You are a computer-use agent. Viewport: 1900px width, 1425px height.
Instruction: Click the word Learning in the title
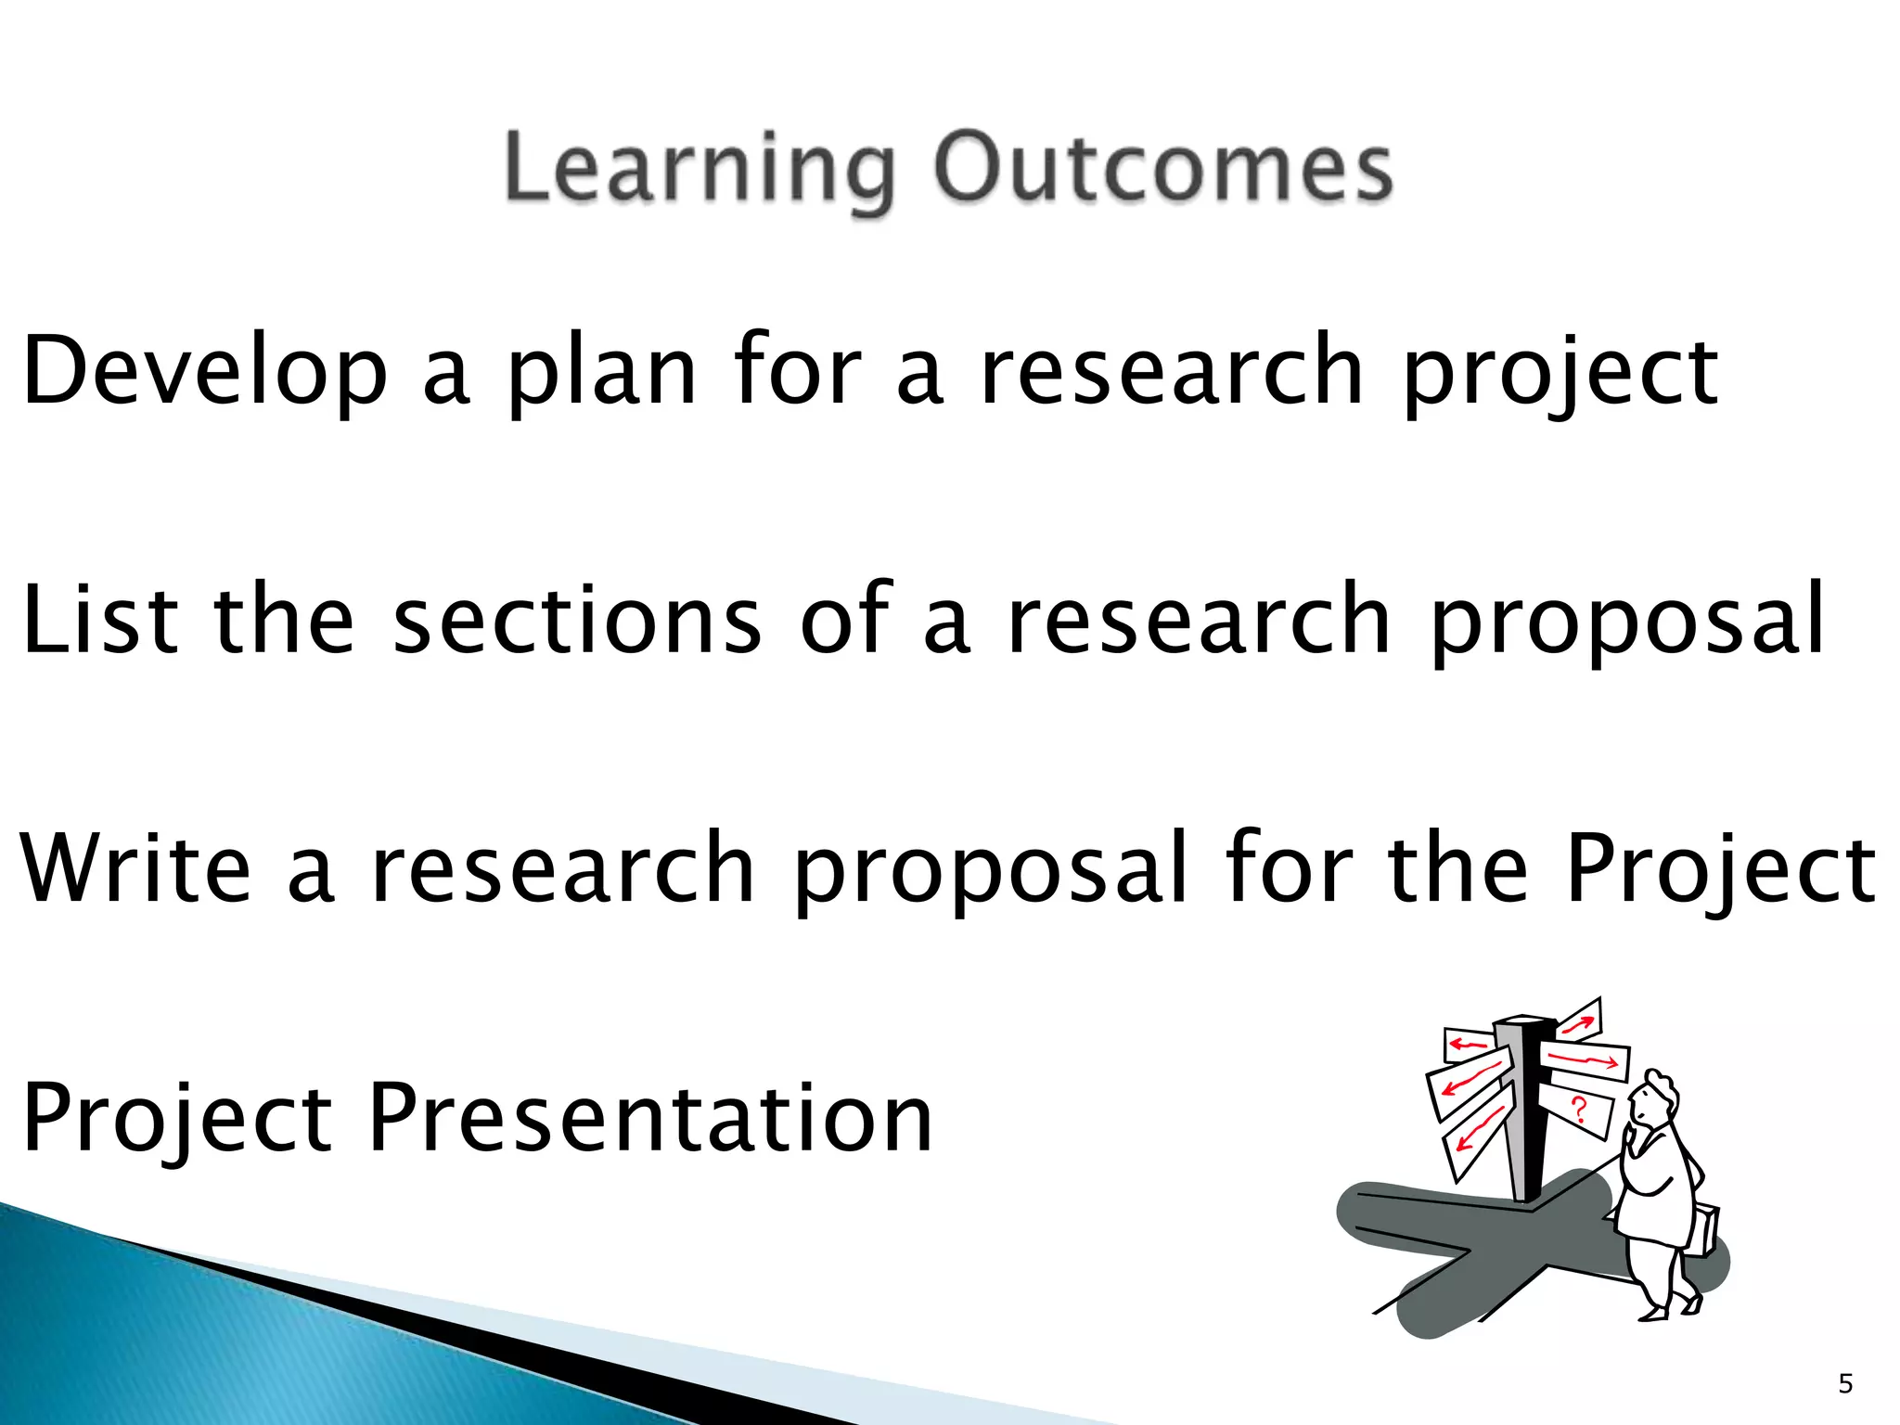click(698, 170)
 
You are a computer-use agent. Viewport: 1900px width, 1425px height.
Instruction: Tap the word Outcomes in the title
click(1162, 168)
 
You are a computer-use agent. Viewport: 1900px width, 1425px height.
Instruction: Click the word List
click(98, 619)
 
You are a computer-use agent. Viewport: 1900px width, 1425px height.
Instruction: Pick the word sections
click(576, 619)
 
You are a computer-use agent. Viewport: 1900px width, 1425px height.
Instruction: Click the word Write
click(135, 868)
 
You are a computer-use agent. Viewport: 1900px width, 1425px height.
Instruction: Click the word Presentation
click(650, 1118)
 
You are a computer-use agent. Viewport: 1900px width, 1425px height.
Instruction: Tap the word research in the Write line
click(563, 868)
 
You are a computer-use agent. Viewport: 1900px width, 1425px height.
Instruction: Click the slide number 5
click(1845, 1384)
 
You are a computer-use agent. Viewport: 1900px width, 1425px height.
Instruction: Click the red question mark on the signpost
click(1579, 1110)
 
